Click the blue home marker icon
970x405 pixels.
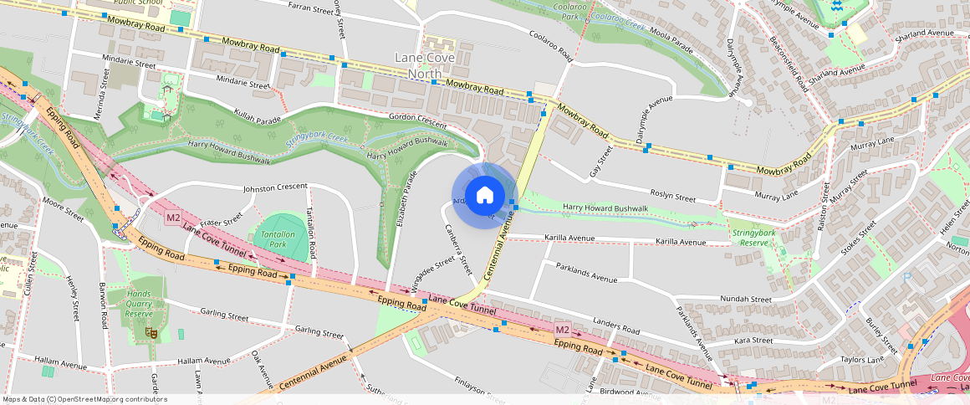[x=484, y=195]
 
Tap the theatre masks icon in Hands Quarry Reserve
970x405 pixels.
[x=152, y=332]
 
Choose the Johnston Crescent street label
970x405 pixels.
[x=275, y=187]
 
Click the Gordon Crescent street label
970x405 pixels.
[x=418, y=120]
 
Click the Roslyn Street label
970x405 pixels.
[x=673, y=198]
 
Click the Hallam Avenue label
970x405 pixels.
[x=61, y=366]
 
